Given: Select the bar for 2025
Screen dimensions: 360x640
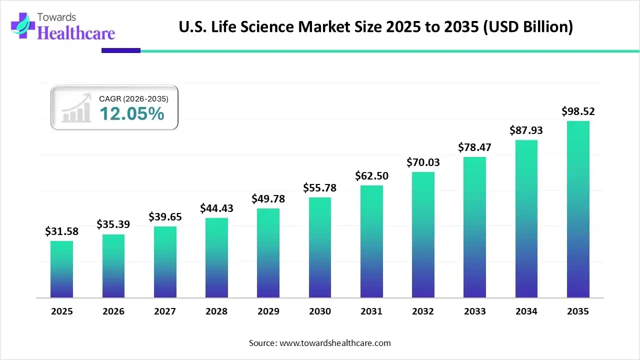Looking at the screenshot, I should click(x=61, y=269).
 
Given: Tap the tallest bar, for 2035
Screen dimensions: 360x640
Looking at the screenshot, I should click(x=578, y=209).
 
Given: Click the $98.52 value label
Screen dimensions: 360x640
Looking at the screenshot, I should click(x=578, y=111).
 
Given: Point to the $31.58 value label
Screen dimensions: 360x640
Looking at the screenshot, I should click(x=61, y=231).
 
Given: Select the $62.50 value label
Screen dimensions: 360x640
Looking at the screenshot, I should click(x=371, y=176).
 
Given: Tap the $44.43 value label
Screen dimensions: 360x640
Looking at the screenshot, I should click(x=216, y=208).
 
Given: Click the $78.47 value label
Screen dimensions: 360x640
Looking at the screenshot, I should click(x=474, y=147).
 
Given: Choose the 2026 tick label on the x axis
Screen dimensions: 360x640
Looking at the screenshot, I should click(x=113, y=311).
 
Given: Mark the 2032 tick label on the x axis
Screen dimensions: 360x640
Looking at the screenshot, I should click(x=423, y=311).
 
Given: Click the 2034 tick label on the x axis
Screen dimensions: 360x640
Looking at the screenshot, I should click(x=526, y=311).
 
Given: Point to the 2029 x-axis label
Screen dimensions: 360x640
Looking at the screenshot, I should click(x=268, y=311).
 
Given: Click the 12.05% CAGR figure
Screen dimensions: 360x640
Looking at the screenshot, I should click(x=132, y=114).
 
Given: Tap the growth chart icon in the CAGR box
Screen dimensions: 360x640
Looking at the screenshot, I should click(x=76, y=107).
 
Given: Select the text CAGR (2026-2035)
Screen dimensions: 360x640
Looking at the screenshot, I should click(x=133, y=99).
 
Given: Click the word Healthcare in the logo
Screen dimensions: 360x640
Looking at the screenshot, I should click(x=76, y=32).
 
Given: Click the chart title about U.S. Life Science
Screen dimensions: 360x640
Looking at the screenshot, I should click(x=376, y=26).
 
